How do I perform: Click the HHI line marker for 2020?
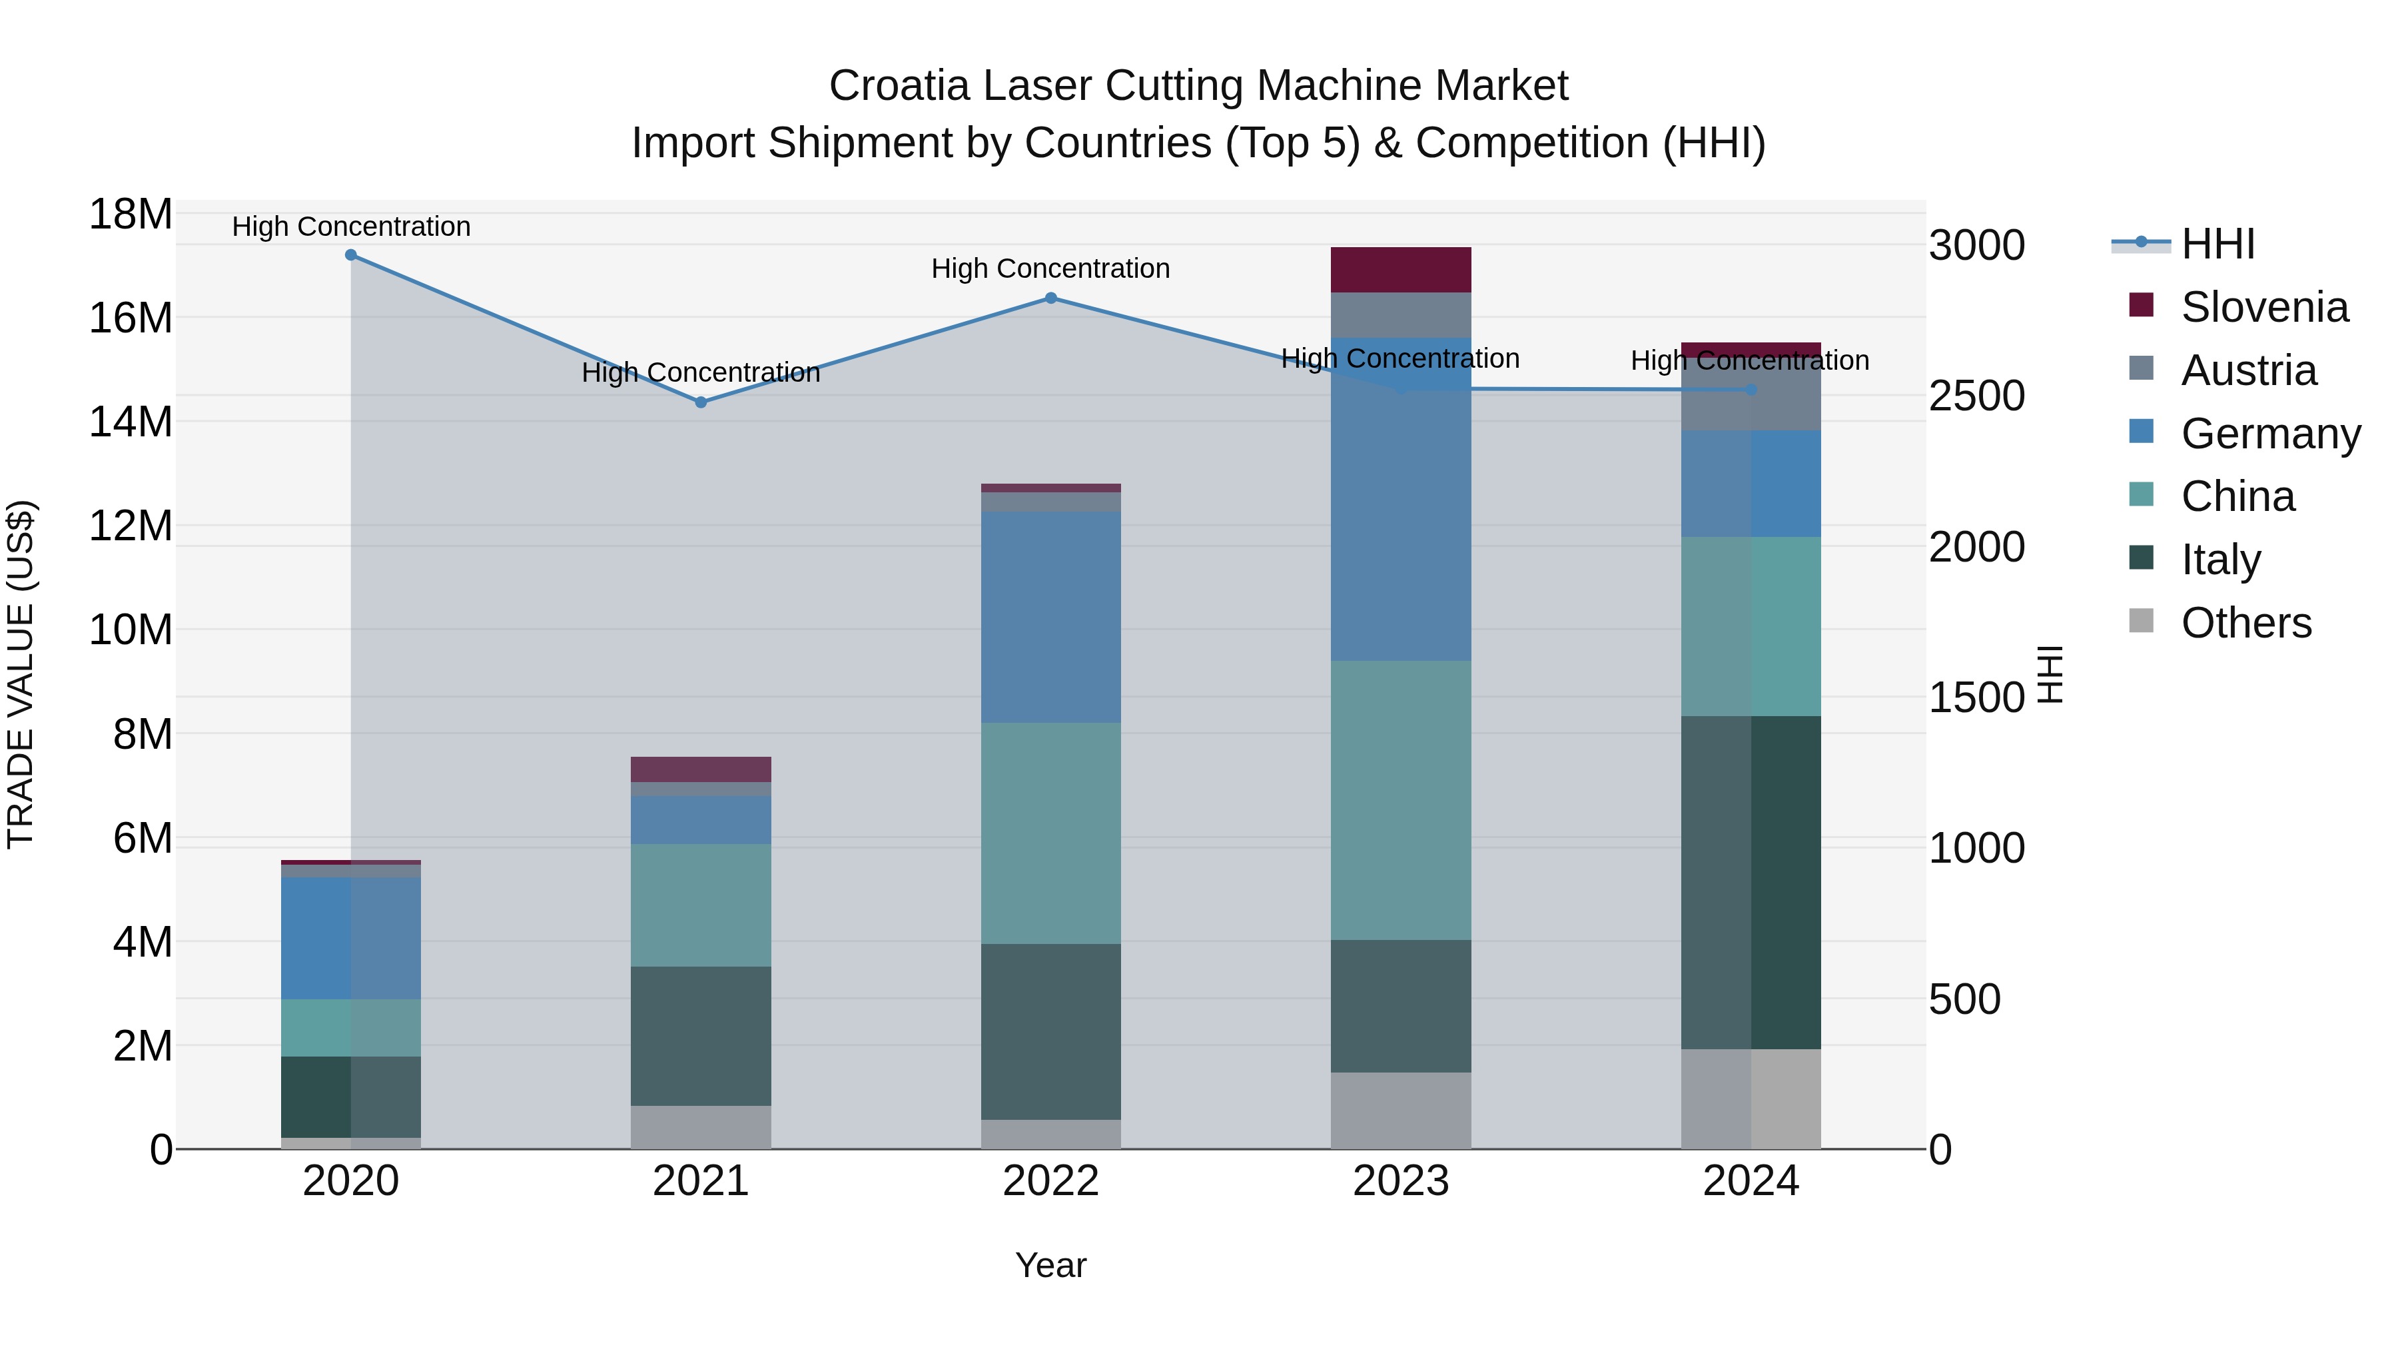click(x=351, y=255)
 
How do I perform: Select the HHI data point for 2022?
click(x=1051, y=298)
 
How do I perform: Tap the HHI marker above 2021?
click(x=701, y=402)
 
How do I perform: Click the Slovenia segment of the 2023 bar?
click(x=1400, y=270)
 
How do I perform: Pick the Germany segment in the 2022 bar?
click(x=1051, y=616)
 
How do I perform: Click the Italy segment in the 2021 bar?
click(x=701, y=1035)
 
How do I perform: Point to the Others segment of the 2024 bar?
click(x=1750, y=1099)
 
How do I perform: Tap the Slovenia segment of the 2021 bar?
click(x=701, y=769)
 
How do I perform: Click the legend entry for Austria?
click(x=2247, y=370)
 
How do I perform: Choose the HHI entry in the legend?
click(x=2216, y=244)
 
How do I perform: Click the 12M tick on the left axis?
click(x=131, y=526)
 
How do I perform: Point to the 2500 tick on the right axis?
click(x=1976, y=396)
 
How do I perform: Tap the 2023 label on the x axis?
click(x=1400, y=1181)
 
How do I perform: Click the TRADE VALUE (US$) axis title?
click(x=21, y=674)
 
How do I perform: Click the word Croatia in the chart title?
click(x=899, y=86)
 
